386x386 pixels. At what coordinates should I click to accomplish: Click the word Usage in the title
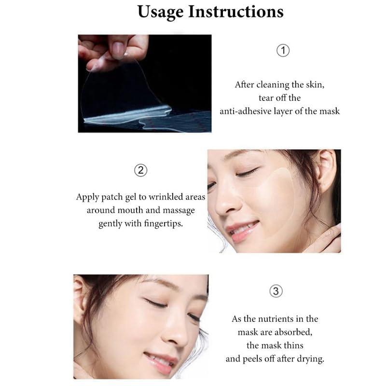click(160, 12)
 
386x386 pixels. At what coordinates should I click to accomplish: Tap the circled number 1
click(283, 51)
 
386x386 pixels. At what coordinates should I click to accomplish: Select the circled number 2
click(140, 170)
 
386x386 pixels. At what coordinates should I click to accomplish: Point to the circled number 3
click(275, 291)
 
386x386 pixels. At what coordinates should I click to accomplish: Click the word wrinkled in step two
click(160, 197)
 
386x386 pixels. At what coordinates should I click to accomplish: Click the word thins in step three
click(297, 345)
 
